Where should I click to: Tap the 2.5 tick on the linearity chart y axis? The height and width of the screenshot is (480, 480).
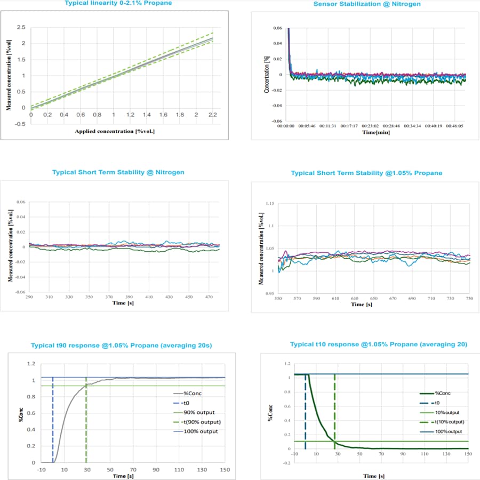21,27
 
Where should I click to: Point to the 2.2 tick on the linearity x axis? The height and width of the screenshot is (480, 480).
213,114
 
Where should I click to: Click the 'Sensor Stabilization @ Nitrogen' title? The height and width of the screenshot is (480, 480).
367,4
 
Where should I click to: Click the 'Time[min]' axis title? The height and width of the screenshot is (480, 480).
376,132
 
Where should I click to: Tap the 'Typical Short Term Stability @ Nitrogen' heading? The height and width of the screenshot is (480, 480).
118,172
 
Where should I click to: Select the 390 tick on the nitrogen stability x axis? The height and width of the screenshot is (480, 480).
128,297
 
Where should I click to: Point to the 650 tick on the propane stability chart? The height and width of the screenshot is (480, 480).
374,299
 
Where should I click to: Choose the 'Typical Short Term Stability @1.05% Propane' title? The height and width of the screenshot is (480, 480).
366,173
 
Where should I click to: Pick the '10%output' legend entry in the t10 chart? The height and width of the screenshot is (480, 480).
448,412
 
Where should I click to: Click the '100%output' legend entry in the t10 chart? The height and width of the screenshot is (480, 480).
450,431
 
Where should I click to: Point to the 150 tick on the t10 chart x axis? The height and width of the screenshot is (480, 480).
468,454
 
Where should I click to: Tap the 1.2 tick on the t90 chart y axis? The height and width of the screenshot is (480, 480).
31,364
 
